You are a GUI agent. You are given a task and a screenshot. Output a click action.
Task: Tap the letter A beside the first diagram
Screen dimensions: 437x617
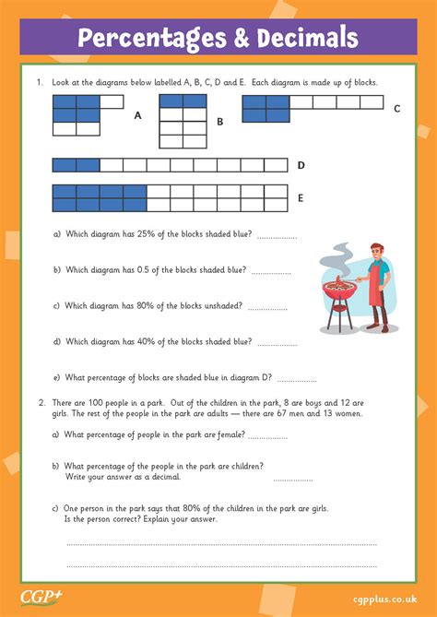[x=137, y=116]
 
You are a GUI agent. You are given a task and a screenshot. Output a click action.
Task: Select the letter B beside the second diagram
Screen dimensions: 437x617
[x=219, y=121]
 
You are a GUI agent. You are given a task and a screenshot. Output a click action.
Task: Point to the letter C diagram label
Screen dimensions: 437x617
[x=396, y=108]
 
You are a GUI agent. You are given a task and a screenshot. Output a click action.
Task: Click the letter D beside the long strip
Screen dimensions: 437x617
[x=301, y=166]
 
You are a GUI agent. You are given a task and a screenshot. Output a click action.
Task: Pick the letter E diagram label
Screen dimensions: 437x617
[x=301, y=197]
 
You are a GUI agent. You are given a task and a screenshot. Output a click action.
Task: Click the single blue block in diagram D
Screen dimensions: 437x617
[x=65, y=165]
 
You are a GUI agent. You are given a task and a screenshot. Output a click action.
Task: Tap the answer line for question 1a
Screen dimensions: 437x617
[x=277, y=237]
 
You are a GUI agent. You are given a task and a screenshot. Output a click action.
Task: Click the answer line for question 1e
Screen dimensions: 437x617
[x=296, y=379]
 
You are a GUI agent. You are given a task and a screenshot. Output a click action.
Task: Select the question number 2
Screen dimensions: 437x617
[x=41, y=402]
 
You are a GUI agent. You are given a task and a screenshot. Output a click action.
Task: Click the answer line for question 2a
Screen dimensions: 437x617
[x=267, y=437]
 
